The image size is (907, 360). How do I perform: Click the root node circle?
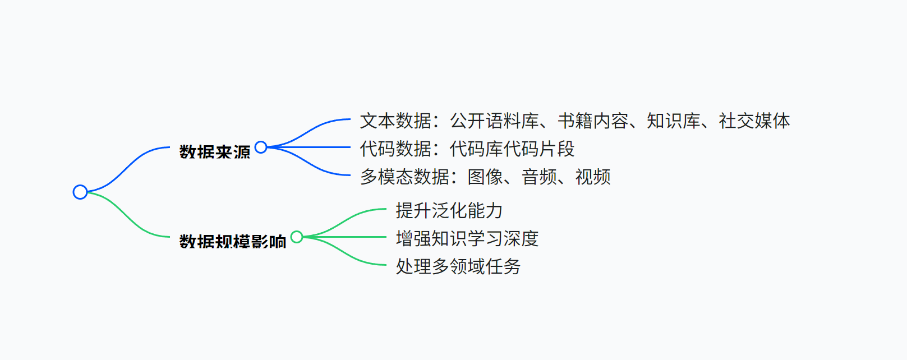[80, 192]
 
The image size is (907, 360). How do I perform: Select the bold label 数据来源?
[215, 152]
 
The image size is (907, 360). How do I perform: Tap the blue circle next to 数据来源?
[261, 147]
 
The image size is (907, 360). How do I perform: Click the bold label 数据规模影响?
[233, 242]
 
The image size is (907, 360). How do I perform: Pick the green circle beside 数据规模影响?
[297, 237]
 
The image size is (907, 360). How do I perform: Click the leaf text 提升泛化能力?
[449, 210]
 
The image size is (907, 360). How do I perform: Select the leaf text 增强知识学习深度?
[467, 238]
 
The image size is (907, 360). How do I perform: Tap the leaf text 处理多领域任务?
[458, 266]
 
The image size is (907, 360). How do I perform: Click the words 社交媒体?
[754, 121]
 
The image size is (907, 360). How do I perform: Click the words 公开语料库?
[494, 121]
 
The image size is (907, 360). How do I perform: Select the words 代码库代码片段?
[512, 149]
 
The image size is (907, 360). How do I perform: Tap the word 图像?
[485, 177]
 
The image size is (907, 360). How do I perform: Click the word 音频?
[539, 177]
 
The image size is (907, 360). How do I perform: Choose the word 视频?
[593, 177]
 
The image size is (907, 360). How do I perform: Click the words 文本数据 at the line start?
[395, 121]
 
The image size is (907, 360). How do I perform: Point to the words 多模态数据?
[404, 177]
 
